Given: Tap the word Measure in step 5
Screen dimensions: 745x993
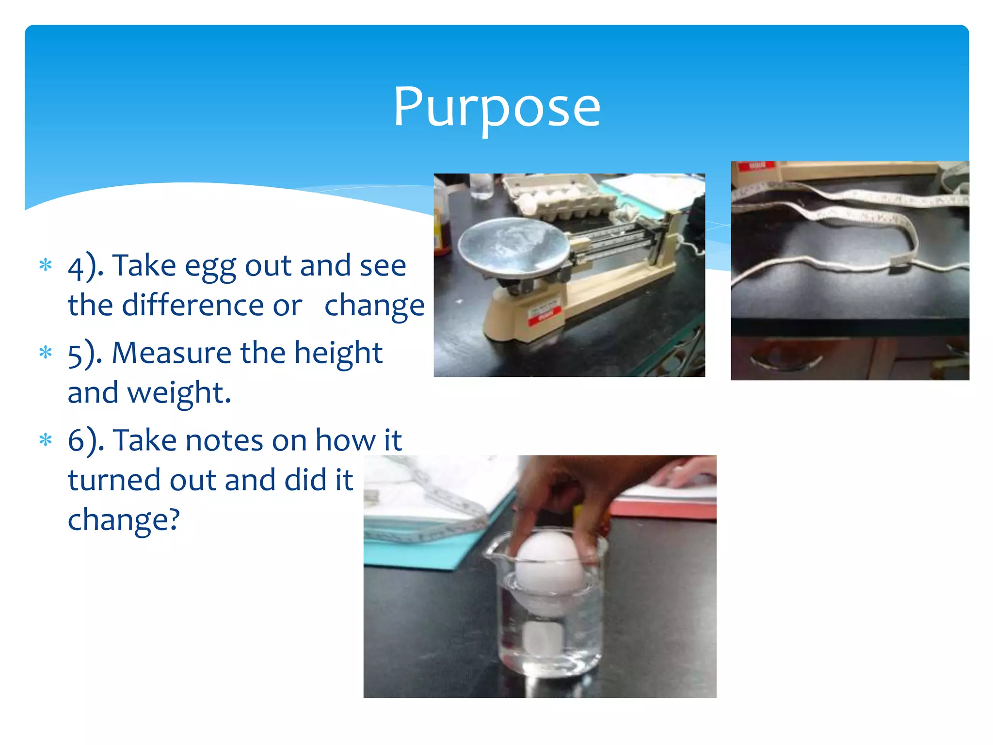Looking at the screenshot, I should [171, 353].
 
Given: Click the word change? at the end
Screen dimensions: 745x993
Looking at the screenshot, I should [124, 520].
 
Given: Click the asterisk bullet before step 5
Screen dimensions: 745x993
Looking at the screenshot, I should [46, 353].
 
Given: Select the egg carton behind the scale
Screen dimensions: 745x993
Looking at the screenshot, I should [558, 196].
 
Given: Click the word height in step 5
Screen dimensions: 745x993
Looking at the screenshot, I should [338, 353].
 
